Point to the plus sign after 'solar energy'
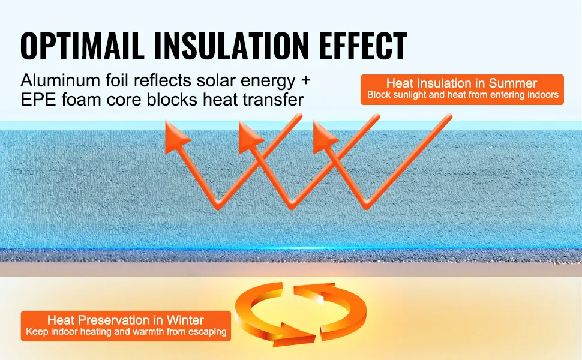[x=305, y=80]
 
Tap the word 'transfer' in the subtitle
[x=273, y=100]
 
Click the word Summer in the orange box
[x=512, y=83]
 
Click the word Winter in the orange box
[x=185, y=320]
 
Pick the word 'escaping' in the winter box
[x=208, y=332]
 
